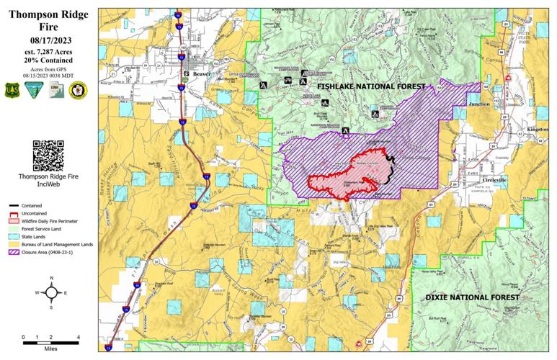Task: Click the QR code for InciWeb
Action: [48, 153]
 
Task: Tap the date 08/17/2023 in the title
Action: [48, 40]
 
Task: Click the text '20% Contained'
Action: [48, 61]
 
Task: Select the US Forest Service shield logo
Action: [13, 90]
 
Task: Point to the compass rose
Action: [50, 292]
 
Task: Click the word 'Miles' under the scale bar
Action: [50, 348]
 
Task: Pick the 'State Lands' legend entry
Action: [43, 235]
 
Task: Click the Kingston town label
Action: [538, 129]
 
